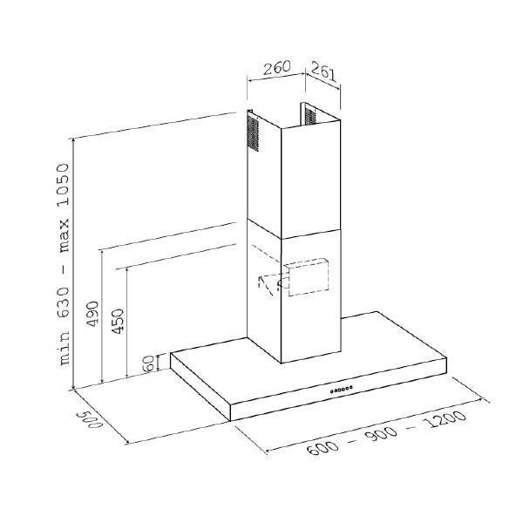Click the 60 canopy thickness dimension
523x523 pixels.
[x=147, y=363]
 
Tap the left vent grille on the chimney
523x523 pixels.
[x=254, y=134]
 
